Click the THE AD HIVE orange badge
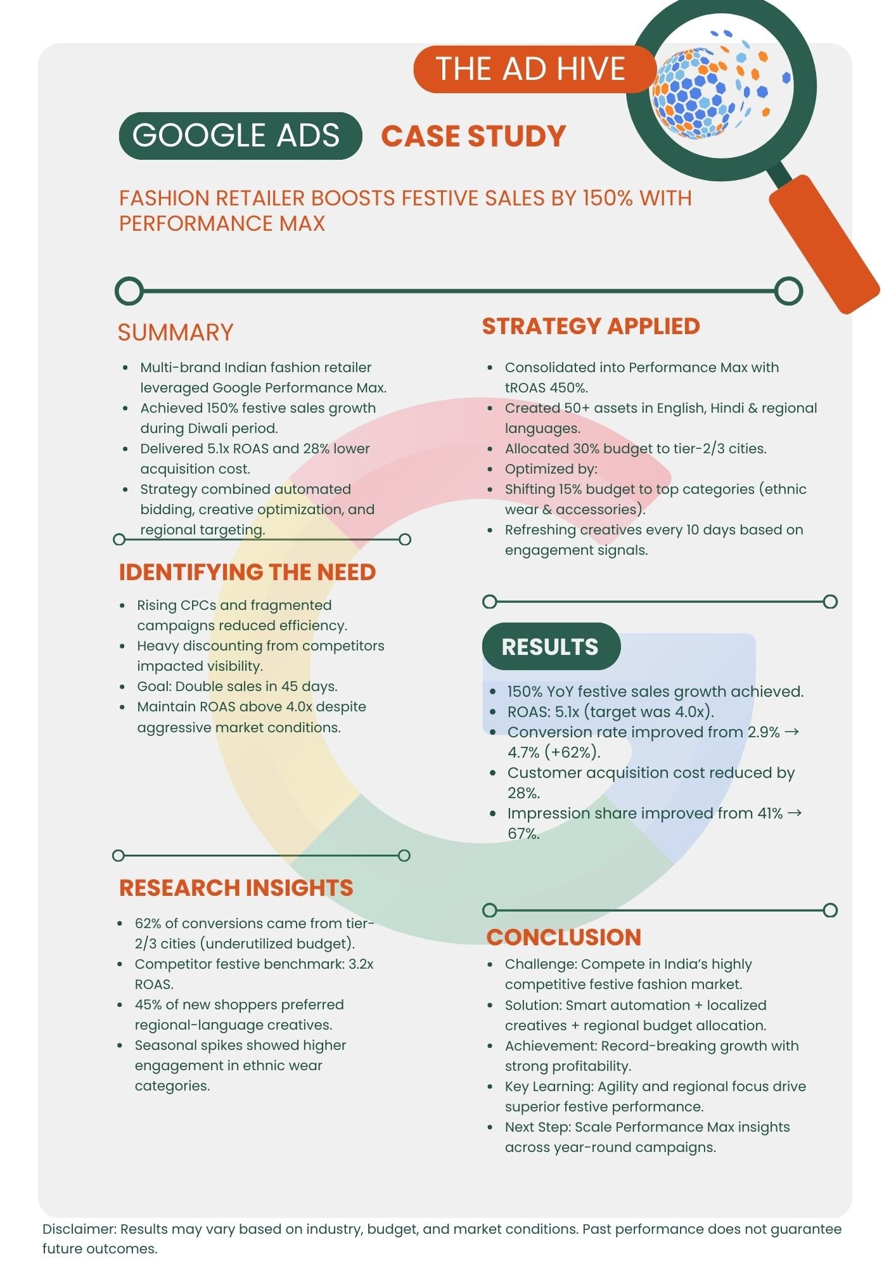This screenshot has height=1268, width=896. pyautogui.click(x=531, y=69)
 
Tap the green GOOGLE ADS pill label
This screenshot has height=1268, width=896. pyautogui.click(x=240, y=136)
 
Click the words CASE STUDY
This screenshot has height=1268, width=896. pyautogui.click(x=473, y=136)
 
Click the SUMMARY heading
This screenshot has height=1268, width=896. pyautogui.click(x=176, y=332)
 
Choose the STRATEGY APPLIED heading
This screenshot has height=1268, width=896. pyautogui.click(x=591, y=326)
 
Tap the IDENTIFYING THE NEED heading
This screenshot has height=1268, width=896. pyautogui.click(x=247, y=572)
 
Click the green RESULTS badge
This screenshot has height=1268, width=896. pyautogui.click(x=550, y=647)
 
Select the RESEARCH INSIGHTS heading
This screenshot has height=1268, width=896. pyautogui.click(x=236, y=888)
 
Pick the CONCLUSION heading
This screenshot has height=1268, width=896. pyautogui.click(x=563, y=937)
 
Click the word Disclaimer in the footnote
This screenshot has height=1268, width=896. pyautogui.click(x=79, y=1229)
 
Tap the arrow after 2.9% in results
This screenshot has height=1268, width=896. pyautogui.click(x=792, y=732)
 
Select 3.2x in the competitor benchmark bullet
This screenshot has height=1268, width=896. pyautogui.click(x=361, y=964)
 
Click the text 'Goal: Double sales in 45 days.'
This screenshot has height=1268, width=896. pyautogui.click(x=237, y=687)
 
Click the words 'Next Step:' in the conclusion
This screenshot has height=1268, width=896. pyautogui.click(x=537, y=1127)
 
